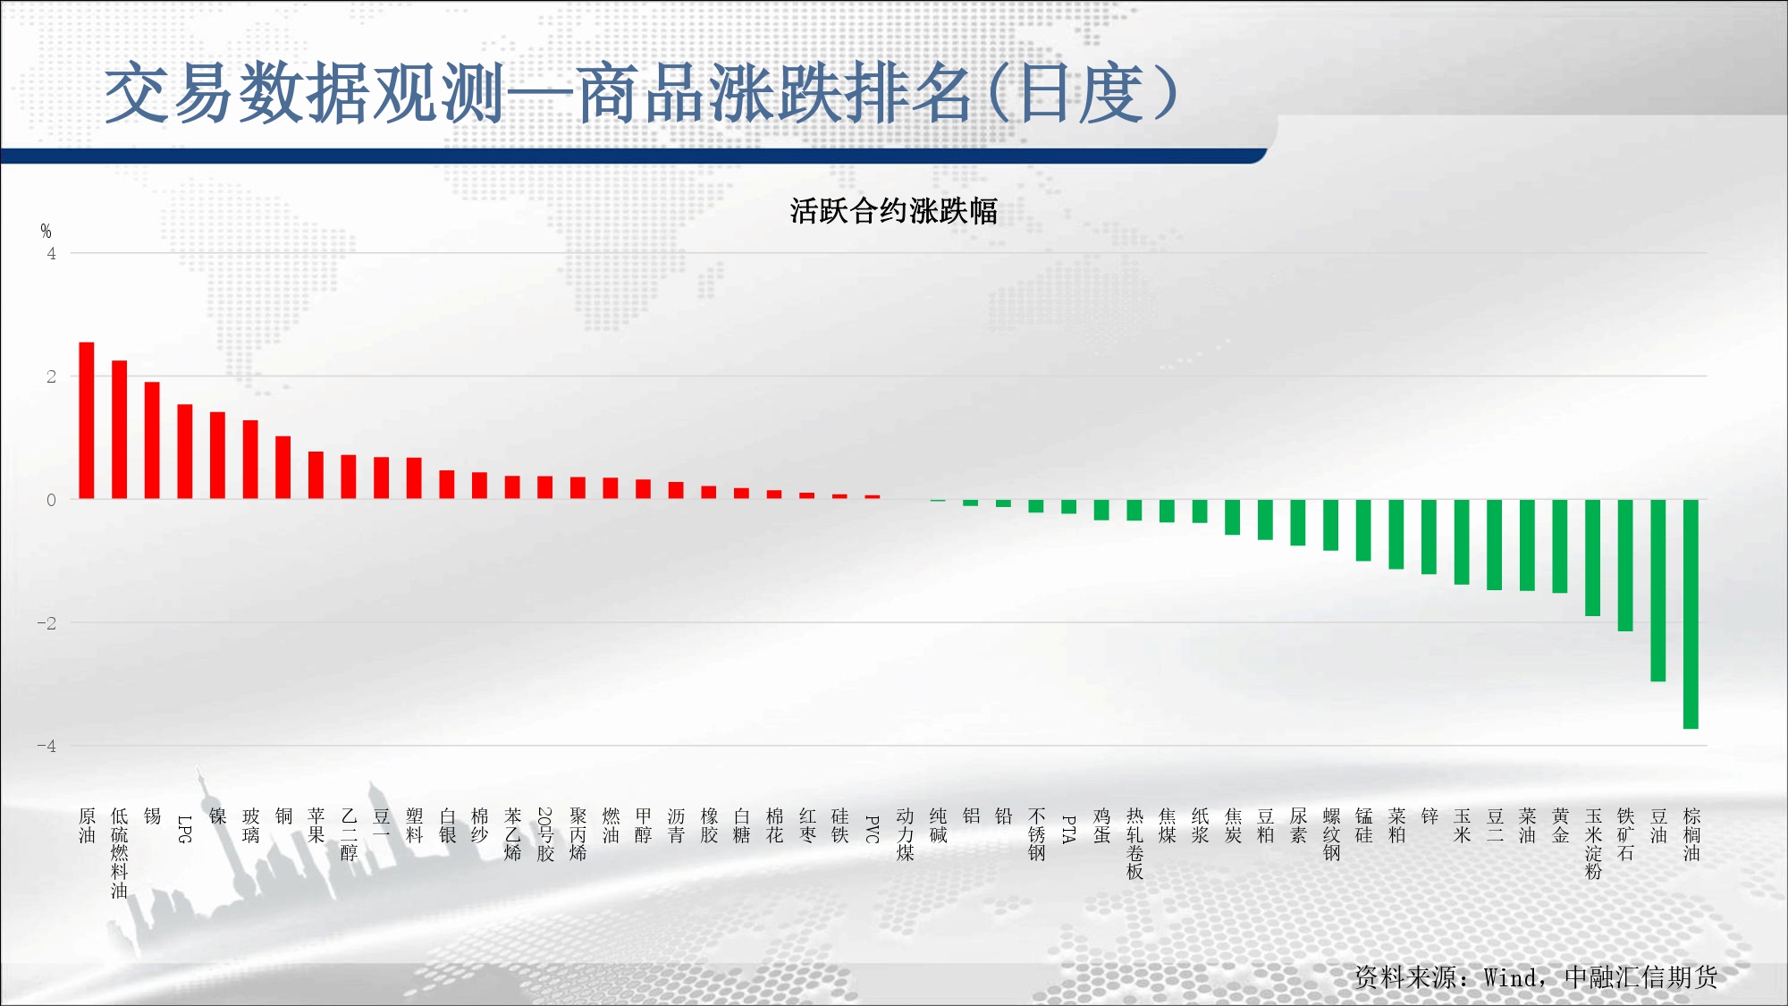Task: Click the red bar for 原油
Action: coord(87,420)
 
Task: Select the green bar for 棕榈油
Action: coord(1691,614)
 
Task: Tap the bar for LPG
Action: coord(185,452)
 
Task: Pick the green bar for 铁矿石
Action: coord(1625,566)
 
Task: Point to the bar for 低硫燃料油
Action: coord(120,429)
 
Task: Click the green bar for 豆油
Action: coord(1658,591)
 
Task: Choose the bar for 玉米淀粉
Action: coord(1593,558)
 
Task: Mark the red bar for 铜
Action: coord(283,468)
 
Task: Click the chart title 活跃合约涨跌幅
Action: coord(893,212)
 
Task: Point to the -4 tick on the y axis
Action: coord(46,746)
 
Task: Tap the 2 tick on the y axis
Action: coord(51,376)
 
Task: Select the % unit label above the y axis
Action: coord(46,232)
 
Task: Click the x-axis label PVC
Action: coord(873,829)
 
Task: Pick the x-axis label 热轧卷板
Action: coord(1134,843)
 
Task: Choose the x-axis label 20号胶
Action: coord(545,834)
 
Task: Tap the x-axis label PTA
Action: coord(1068,829)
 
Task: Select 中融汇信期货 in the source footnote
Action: coord(1641,977)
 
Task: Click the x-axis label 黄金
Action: coord(1560,825)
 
